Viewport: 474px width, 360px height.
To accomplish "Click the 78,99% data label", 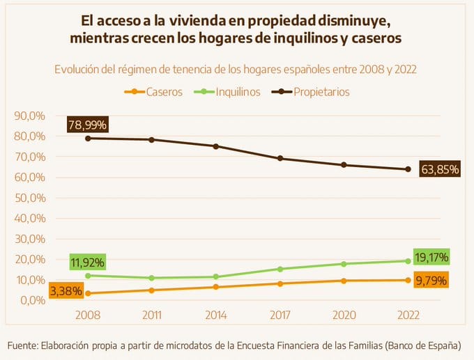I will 87,125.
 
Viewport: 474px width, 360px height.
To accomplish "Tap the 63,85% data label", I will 440,169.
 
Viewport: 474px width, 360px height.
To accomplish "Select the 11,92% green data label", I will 87,263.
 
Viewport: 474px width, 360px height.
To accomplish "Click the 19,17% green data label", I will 430,257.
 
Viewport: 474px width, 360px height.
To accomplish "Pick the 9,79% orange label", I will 430,281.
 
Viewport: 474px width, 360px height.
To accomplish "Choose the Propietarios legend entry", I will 321,91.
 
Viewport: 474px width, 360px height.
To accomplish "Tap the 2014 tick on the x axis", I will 216,315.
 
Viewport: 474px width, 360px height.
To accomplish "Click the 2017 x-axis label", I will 280,315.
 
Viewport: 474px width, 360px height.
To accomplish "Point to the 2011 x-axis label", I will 153,315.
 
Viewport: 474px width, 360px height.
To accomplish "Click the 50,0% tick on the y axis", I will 30,198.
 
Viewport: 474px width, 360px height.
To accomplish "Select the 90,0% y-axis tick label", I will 30,116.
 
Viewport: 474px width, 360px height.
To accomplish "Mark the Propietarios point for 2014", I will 216,146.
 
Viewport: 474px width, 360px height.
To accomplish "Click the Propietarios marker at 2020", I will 344,165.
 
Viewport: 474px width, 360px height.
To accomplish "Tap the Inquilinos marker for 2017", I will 280,269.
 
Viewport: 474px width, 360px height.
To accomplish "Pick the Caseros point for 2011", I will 153,290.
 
